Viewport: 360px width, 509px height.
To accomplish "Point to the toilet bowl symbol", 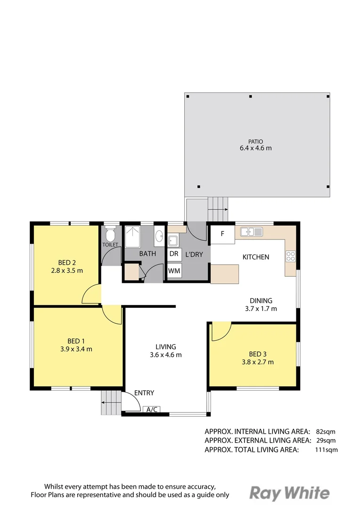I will pyautogui.click(x=110, y=234).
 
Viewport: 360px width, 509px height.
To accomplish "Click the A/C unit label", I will pyautogui.click(x=152, y=410).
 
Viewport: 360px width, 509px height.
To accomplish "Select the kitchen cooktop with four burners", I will pyautogui.click(x=290, y=256).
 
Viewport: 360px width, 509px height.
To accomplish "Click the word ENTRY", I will pyautogui.click(x=144, y=393).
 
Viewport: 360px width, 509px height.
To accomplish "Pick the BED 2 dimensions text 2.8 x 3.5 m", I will pyautogui.click(x=67, y=271).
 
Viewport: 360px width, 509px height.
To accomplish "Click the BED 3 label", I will pyautogui.click(x=258, y=354).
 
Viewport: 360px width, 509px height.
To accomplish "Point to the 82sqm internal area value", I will pyautogui.click(x=326, y=431).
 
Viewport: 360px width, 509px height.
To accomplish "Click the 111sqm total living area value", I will pyautogui.click(x=327, y=450).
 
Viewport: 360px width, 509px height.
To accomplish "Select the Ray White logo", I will pyautogui.click(x=289, y=493).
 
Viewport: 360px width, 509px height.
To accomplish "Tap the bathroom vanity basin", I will pyautogui.click(x=159, y=237).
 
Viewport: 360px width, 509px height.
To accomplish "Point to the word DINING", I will pyautogui.click(x=261, y=300).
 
